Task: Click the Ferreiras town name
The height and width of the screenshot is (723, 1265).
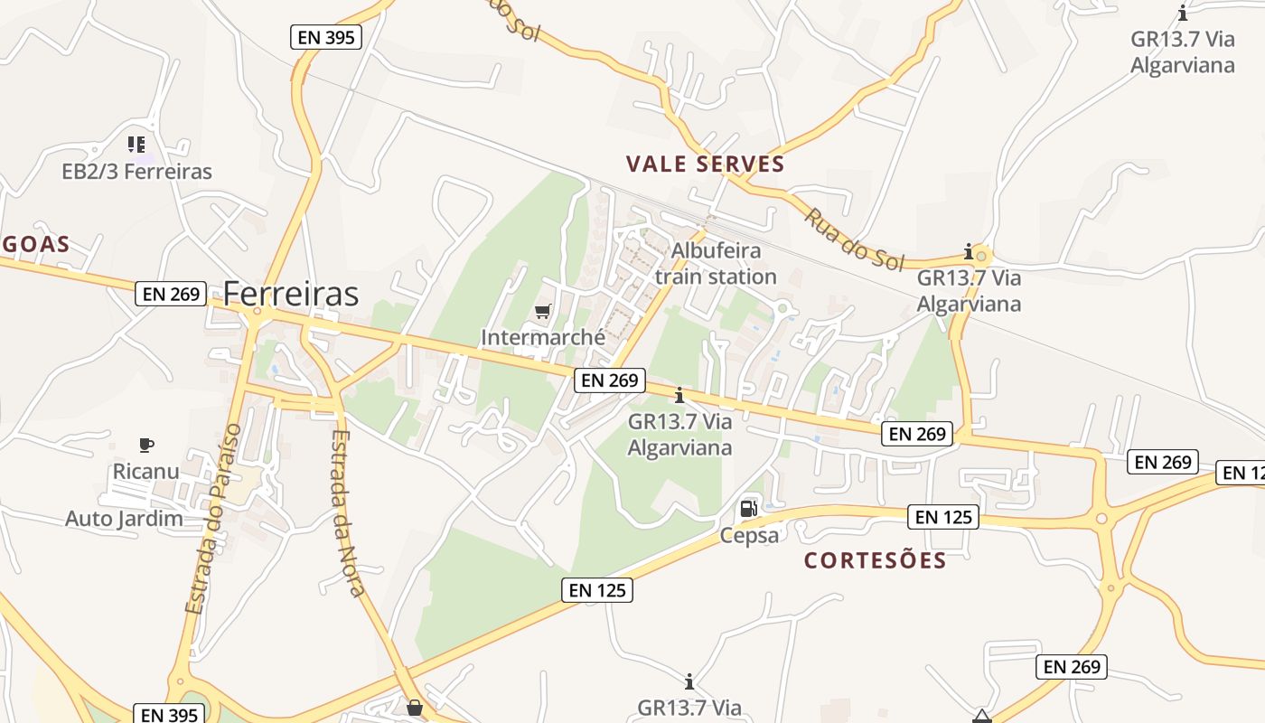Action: click(x=290, y=294)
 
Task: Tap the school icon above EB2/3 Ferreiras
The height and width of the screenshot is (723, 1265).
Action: click(x=136, y=144)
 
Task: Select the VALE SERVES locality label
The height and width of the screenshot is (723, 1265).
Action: click(x=705, y=164)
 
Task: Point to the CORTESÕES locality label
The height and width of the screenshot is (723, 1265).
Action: click(x=875, y=560)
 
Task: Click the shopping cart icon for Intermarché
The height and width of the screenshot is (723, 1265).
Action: click(x=542, y=312)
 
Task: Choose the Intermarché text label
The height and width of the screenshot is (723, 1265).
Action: click(x=543, y=338)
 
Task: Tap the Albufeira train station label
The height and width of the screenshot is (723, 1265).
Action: click(x=716, y=263)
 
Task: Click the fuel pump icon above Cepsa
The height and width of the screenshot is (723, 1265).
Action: click(x=748, y=509)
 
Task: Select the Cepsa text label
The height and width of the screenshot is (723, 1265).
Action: click(x=749, y=535)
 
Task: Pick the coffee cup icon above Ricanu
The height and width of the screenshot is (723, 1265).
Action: click(x=146, y=445)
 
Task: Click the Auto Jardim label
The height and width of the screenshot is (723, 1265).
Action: click(x=124, y=519)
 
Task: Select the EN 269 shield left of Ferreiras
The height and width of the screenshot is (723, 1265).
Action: click(x=172, y=294)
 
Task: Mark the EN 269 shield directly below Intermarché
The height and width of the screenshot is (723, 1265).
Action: click(x=610, y=380)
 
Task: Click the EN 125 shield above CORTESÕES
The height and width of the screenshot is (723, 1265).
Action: click(x=943, y=517)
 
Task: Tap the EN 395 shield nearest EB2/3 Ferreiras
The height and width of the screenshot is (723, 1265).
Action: click(x=326, y=37)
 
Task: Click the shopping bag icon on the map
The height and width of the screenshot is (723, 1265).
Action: click(x=414, y=707)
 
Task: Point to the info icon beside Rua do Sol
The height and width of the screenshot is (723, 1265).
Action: click(x=969, y=250)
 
